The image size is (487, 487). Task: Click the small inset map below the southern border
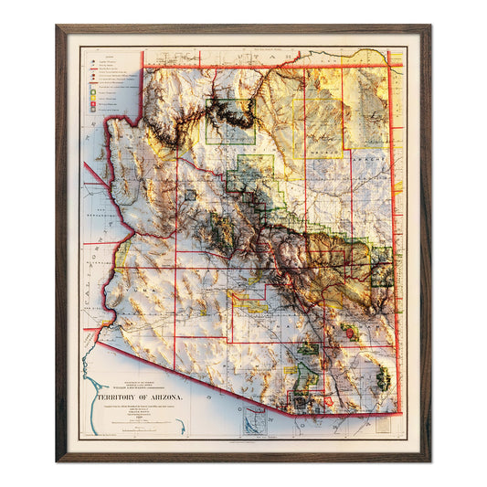(255, 419)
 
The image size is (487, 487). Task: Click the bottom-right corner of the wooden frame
(429, 460)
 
